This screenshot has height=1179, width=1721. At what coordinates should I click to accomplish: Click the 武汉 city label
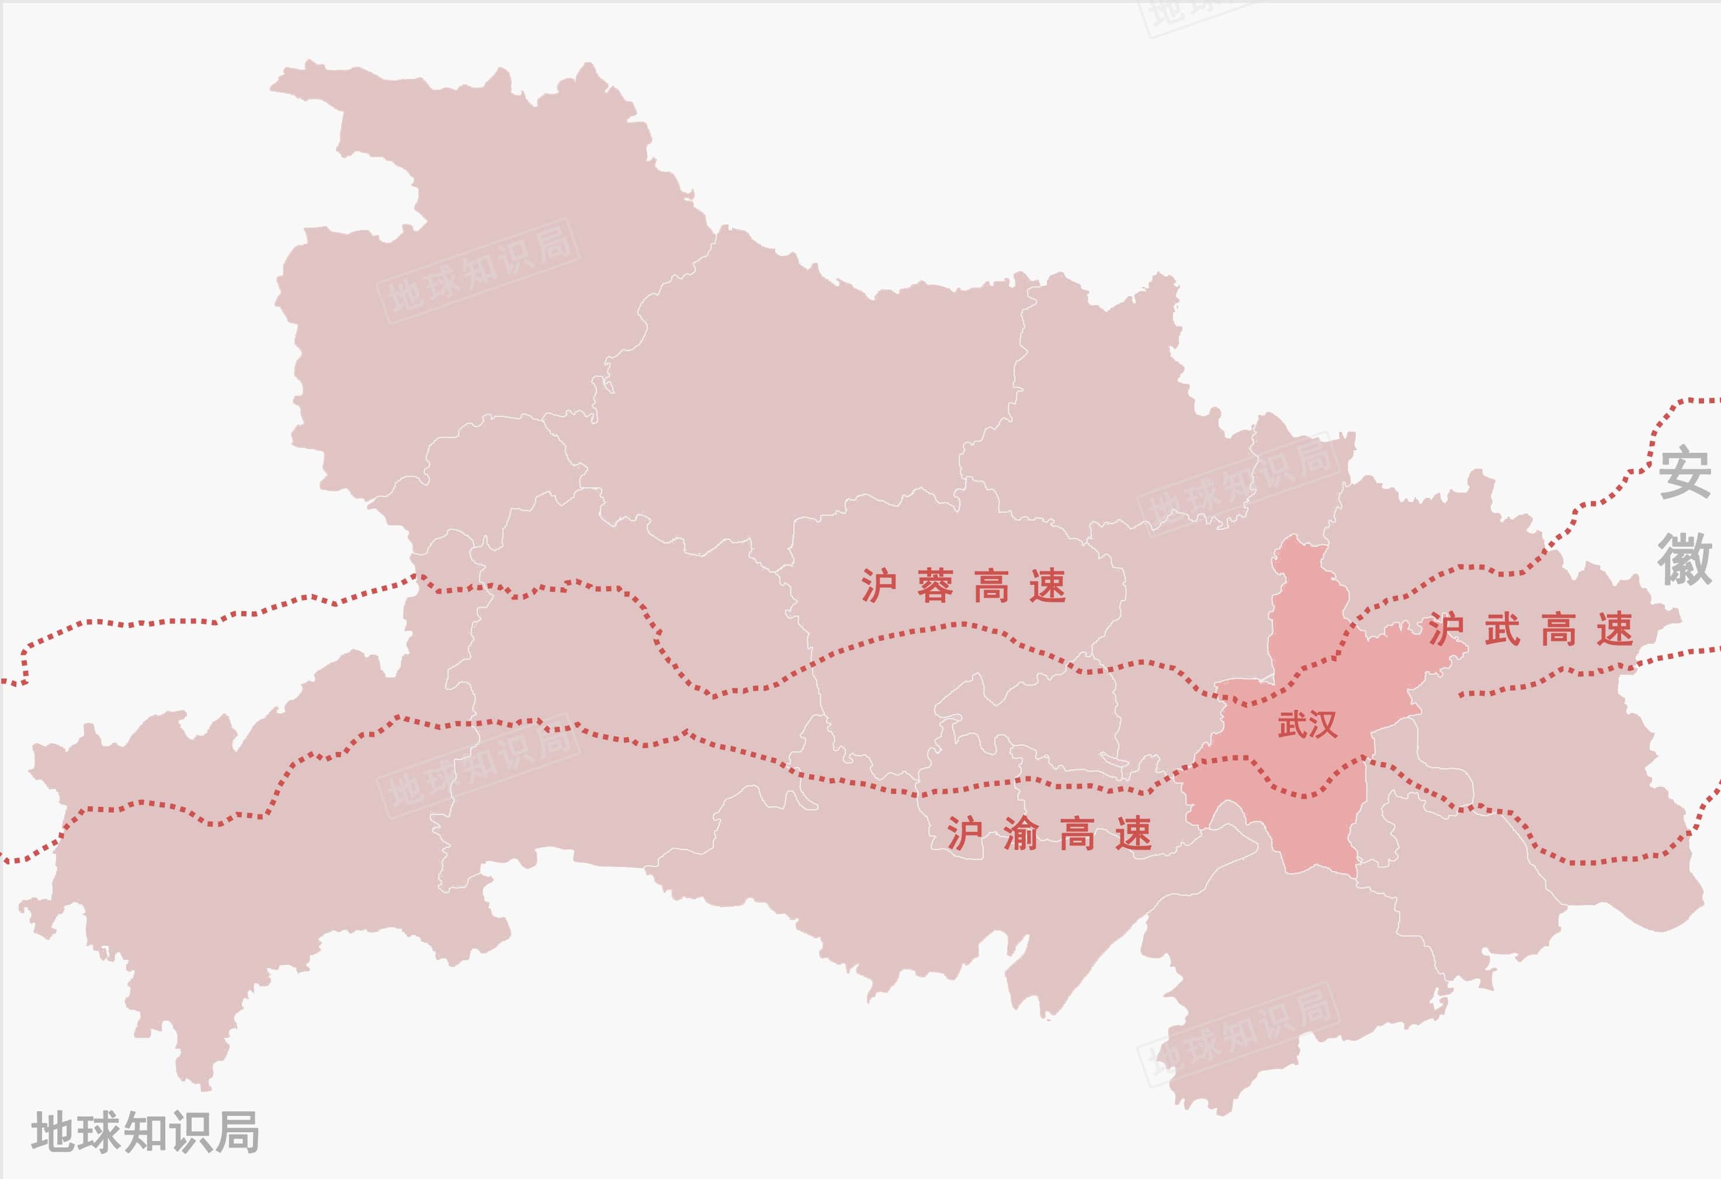coord(1307,724)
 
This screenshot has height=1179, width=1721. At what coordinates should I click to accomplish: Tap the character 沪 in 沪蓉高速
coord(879,586)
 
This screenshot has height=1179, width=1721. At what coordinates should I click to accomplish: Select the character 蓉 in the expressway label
coord(935,586)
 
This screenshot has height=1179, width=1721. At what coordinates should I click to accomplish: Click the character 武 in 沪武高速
coord(1503,629)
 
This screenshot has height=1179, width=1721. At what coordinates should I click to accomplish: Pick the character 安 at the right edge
coord(1684,473)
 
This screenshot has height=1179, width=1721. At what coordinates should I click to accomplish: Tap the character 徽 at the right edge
coord(1684,559)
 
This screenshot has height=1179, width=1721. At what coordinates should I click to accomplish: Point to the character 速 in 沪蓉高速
coord(1048,586)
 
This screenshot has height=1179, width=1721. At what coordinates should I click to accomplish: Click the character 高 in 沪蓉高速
coord(991,586)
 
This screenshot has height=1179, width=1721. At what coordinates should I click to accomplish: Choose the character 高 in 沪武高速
coord(1559,629)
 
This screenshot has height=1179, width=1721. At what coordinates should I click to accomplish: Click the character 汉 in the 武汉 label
coord(1322,724)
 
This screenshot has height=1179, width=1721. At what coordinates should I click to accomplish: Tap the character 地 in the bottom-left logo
coord(53,1132)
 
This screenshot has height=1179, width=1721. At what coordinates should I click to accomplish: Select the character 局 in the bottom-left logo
coord(237,1132)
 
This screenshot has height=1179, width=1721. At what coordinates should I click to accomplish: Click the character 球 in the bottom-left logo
coord(99,1132)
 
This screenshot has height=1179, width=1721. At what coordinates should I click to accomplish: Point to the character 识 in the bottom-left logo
coord(191,1132)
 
